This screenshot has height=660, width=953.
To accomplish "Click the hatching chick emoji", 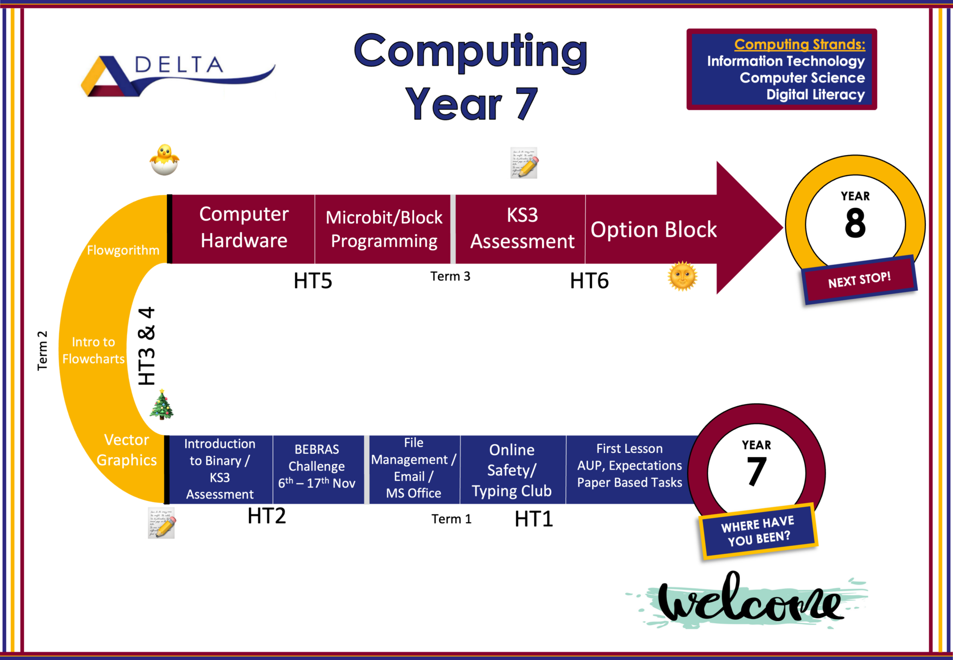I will [x=164, y=160].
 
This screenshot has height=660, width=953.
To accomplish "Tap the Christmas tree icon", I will [x=161, y=405].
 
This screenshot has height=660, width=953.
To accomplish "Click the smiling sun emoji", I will [x=682, y=276].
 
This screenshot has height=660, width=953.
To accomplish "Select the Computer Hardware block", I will [x=244, y=228].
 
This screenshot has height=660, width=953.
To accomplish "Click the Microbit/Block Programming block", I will [x=384, y=229].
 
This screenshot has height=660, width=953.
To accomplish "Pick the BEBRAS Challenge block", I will [x=317, y=466].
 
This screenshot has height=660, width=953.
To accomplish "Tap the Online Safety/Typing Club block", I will [x=512, y=470].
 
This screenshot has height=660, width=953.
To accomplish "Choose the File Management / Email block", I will [x=414, y=468].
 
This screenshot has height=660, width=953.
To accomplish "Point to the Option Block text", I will [x=654, y=229].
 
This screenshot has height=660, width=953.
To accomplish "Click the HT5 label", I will [x=313, y=281].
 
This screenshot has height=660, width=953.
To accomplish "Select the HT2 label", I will [x=267, y=516].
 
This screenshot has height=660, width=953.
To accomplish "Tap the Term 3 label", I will [x=450, y=276].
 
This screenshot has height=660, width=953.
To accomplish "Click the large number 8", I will [x=855, y=223].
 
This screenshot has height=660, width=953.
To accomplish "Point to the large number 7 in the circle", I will [x=757, y=471].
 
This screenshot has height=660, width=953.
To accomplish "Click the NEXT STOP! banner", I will [x=859, y=280].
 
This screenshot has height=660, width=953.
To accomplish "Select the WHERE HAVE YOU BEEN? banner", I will [x=757, y=531].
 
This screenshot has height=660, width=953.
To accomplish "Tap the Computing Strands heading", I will [x=799, y=44].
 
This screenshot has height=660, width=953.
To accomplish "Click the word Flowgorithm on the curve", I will [x=123, y=250].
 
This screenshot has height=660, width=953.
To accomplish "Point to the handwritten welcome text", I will [x=749, y=600].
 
